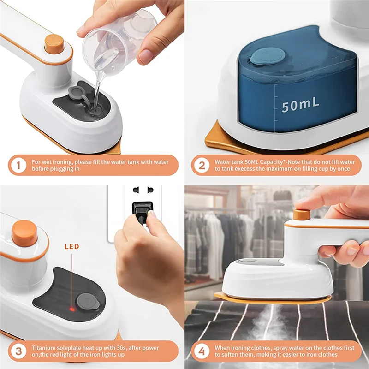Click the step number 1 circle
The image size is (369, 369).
18,165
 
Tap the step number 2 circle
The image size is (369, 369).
201,165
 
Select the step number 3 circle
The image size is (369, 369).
18,351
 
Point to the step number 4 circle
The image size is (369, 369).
201,351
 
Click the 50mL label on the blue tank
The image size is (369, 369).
300,104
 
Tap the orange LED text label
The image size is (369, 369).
71,247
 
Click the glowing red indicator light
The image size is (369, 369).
71,308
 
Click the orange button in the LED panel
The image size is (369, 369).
24,233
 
